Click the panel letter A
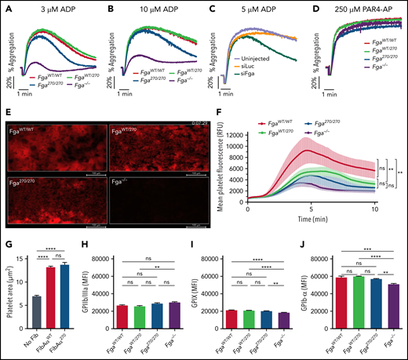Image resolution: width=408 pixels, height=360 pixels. point(6,9)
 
